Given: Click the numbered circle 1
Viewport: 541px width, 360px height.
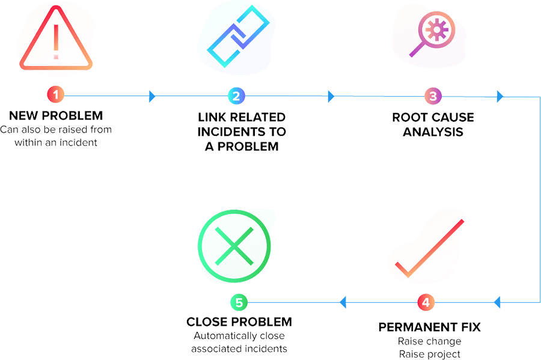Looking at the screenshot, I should [x=56, y=96].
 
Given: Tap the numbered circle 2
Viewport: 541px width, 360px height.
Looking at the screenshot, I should [x=236, y=96].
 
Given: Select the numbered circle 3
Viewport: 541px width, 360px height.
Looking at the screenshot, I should [x=432, y=96].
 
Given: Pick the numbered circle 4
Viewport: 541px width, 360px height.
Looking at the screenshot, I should [x=426, y=302].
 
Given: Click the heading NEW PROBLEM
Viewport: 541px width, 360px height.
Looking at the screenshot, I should [x=56, y=115].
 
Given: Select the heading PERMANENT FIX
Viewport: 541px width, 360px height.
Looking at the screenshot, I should [x=429, y=328].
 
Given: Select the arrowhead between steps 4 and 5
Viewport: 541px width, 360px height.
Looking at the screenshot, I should [x=343, y=302].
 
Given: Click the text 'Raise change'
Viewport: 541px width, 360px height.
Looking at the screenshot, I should [x=429, y=341].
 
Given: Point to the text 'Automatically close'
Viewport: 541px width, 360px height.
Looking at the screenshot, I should [x=239, y=336].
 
